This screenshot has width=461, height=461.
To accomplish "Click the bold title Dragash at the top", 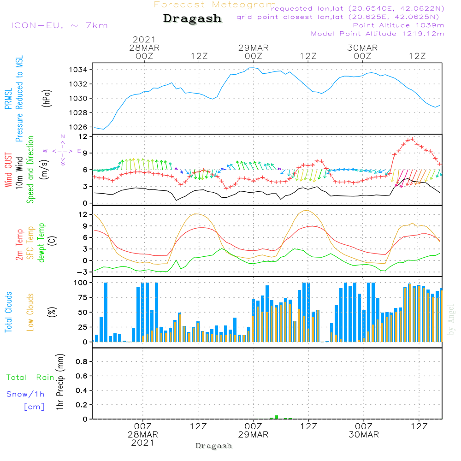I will coord(192,19).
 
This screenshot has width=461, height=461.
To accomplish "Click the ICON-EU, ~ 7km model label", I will coord(59,25).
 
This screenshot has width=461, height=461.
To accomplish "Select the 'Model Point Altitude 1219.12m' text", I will coord(378,34).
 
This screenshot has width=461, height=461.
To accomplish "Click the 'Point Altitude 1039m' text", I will coord(398,25).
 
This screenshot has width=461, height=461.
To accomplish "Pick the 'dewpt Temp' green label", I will coord(42,243).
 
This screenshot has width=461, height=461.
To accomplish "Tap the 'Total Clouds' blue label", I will coord(8,312).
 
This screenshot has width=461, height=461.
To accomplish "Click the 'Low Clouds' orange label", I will coord(30,312).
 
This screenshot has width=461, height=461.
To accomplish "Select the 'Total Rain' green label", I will coord(30,378).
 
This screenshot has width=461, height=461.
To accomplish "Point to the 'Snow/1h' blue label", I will coord(25,395).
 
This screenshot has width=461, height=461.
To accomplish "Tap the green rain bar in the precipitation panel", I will coord(276,417).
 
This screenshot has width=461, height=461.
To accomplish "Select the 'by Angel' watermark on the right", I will coord(451,319).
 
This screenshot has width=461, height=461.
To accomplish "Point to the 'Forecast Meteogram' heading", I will coord(215,5).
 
